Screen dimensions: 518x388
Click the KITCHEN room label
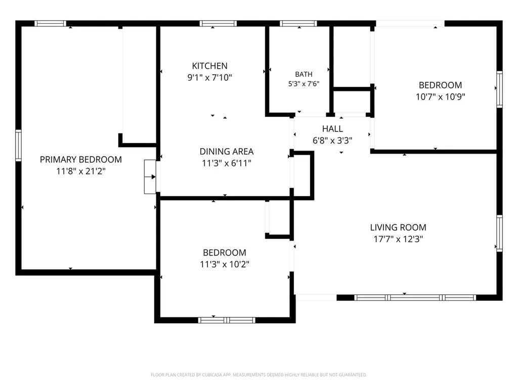(x=209, y=66)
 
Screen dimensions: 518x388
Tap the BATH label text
(x=304, y=74)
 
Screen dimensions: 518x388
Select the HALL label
(x=332, y=129)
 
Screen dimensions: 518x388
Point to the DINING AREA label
(x=227, y=152)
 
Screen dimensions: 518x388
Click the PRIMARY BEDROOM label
(x=81, y=160)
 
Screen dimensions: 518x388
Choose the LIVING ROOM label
(x=398, y=227)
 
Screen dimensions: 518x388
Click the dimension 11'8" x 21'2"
(x=81, y=171)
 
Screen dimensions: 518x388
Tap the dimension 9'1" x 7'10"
(x=209, y=77)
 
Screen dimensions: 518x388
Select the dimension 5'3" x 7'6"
(x=304, y=84)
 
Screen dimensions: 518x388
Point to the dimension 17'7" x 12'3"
(x=398, y=239)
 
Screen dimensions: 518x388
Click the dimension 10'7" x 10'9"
(x=441, y=96)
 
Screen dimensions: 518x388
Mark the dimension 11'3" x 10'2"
(x=224, y=264)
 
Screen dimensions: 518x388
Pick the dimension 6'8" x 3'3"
(x=332, y=140)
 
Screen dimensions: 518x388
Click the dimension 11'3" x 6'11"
(x=227, y=163)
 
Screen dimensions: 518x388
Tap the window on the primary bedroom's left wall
(x=19, y=145)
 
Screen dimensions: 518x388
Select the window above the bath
(x=298, y=23)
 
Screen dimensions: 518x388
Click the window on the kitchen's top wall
(x=218, y=23)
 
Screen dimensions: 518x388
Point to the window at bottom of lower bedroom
(x=227, y=320)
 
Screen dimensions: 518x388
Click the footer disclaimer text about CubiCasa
(x=258, y=375)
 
